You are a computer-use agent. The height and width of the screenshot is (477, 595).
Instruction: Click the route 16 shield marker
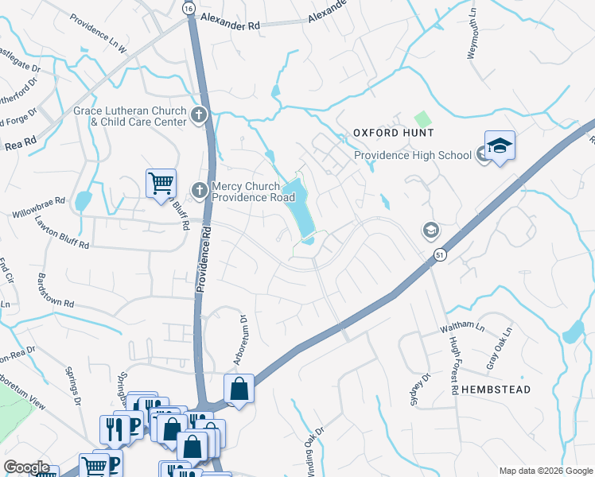click(x=188, y=7)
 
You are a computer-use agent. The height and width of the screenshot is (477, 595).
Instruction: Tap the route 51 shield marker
click(x=439, y=254)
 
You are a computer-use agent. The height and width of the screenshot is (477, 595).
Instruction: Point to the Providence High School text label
click(x=412, y=155)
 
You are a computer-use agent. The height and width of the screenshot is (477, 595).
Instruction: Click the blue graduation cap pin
click(x=500, y=146)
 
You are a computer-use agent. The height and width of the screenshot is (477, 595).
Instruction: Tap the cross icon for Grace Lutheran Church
click(x=198, y=115)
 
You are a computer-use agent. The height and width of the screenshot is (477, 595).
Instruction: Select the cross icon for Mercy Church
click(x=200, y=189)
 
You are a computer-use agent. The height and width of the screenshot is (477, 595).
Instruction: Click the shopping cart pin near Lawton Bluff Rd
click(x=161, y=184)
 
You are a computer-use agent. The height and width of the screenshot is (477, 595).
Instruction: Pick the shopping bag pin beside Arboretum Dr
click(x=239, y=390)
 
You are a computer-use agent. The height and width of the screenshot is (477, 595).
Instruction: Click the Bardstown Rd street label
click(x=56, y=292)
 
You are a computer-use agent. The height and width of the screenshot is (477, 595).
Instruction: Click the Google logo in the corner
click(x=27, y=467)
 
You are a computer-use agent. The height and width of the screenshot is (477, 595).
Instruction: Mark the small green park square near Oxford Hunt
click(x=423, y=119)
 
